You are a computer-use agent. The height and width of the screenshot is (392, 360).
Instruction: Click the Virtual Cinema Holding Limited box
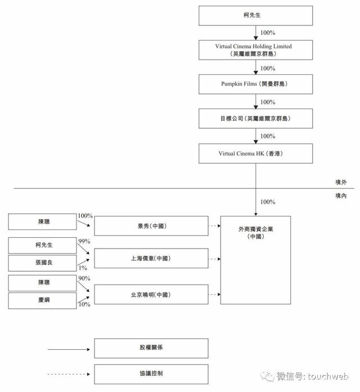coord(255,49)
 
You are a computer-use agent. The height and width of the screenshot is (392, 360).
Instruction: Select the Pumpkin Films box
coord(255,84)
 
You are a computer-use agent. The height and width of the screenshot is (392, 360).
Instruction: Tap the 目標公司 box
coord(255,119)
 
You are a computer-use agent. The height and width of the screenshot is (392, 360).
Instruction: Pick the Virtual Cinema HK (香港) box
coord(255,154)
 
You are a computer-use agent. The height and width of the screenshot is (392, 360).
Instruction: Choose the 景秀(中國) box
coord(151,226)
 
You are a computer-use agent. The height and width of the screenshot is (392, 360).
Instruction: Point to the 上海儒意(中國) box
coord(151,258)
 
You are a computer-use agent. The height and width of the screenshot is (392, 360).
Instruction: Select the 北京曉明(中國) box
coord(151,295)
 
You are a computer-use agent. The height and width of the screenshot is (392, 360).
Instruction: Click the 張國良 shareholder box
coord(42,263)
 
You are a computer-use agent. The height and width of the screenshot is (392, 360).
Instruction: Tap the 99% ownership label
coord(84,241)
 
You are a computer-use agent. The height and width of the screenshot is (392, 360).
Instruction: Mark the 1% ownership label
coord(83,268)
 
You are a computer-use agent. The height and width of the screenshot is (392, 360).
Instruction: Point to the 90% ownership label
coord(84,278)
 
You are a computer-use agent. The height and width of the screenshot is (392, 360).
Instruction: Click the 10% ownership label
coord(84,304)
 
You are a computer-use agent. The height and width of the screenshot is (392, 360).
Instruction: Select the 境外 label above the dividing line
coord(341,182)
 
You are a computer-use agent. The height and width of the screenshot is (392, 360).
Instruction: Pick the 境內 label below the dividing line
coord(341,196)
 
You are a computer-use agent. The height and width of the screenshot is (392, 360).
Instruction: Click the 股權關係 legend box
coord(151,348)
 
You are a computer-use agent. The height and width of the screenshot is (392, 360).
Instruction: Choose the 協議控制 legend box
coord(151,374)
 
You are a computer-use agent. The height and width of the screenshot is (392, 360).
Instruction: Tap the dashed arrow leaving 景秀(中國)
coord(214,226)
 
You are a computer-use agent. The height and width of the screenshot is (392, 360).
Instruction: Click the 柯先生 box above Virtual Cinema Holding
coord(255,16)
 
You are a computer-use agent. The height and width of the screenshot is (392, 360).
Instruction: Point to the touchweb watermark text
coord(328,376)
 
